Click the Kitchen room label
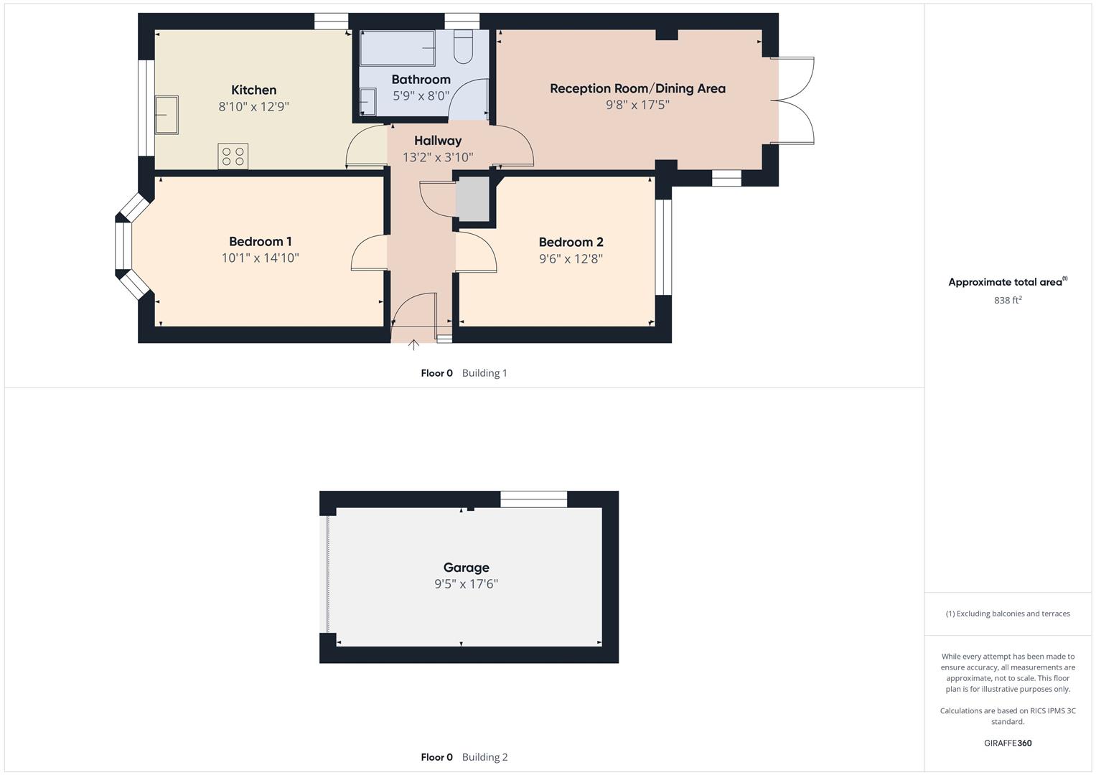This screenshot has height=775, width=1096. (x=253, y=90)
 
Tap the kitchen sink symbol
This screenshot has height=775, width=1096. (x=167, y=115)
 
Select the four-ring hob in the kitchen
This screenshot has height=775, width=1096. (x=233, y=156)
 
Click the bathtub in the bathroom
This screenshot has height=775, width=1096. (x=397, y=48)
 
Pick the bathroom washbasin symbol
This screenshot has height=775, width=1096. (x=367, y=101)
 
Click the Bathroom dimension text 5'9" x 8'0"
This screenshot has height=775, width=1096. (x=421, y=95)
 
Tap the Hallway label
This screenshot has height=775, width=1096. (x=437, y=141)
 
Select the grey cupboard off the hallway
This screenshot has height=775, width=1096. (x=472, y=199)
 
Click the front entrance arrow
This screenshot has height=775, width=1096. (x=413, y=345)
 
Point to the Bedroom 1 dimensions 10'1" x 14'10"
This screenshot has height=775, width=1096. (x=260, y=258)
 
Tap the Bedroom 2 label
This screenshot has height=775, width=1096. (x=571, y=243)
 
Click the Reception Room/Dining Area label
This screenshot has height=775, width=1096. (x=637, y=88)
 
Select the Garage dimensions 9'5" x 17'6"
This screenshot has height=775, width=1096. (x=466, y=584)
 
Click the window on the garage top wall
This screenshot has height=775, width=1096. (x=533, y=499)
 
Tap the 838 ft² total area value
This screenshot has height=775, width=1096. (x=1007, y=301)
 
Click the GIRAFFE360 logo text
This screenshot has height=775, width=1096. (x=1007, y=743)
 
